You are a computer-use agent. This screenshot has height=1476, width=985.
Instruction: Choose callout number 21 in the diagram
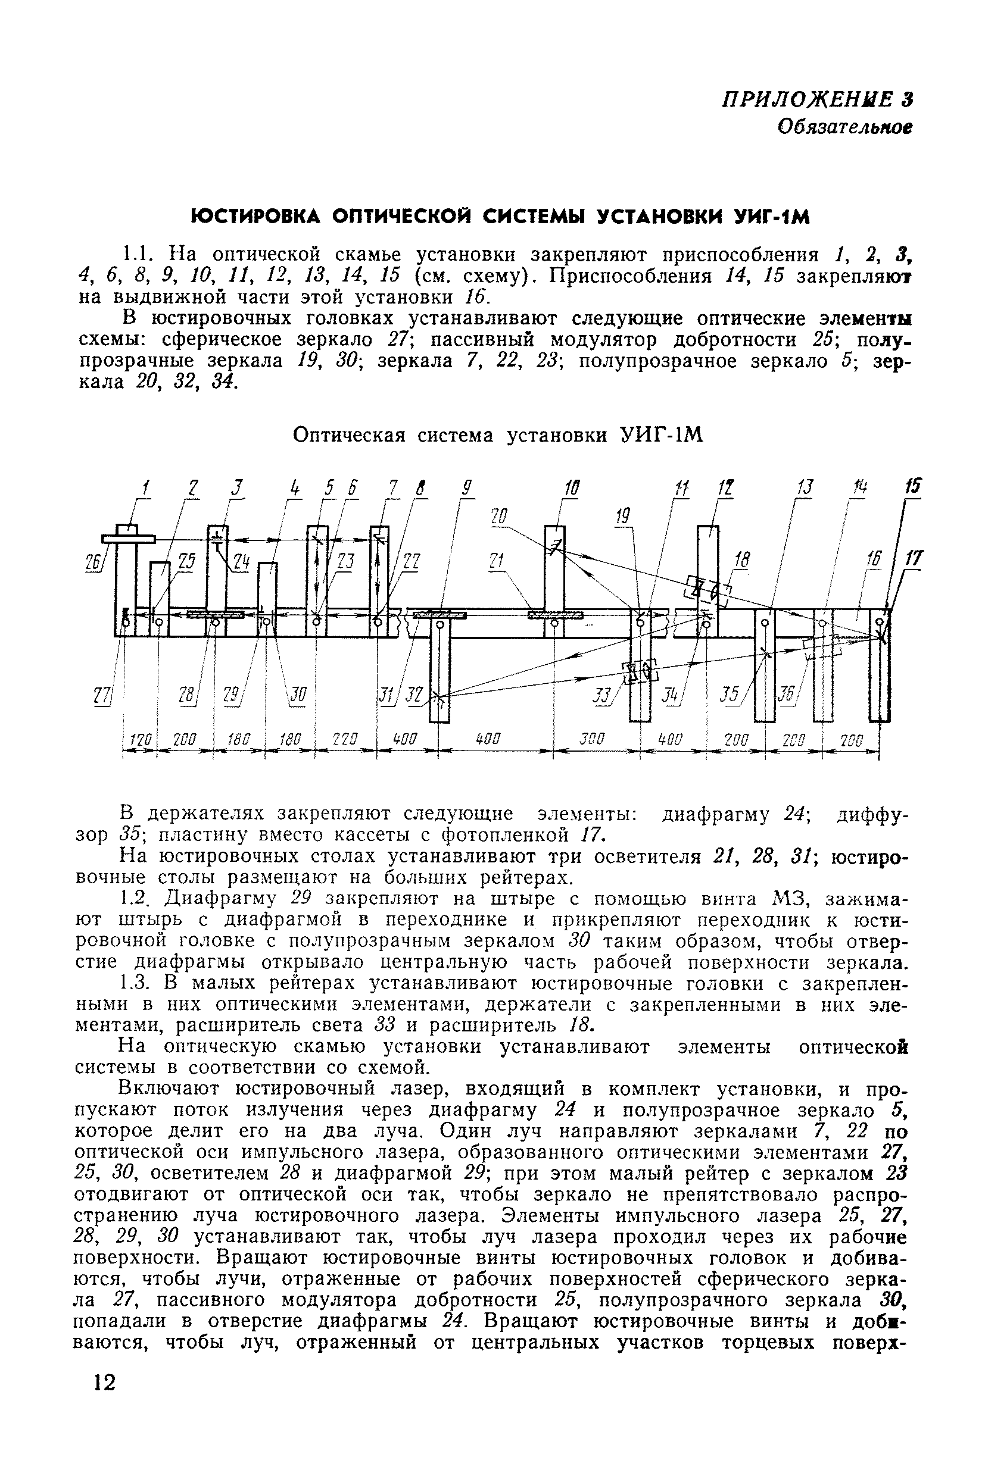tap(497, 561)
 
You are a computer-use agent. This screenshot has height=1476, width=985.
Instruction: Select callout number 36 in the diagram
tap(786, 694)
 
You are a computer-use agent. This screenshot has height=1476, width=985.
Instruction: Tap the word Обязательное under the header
tap(844, 127)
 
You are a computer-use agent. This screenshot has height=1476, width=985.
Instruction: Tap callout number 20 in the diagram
tap(500, 517)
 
